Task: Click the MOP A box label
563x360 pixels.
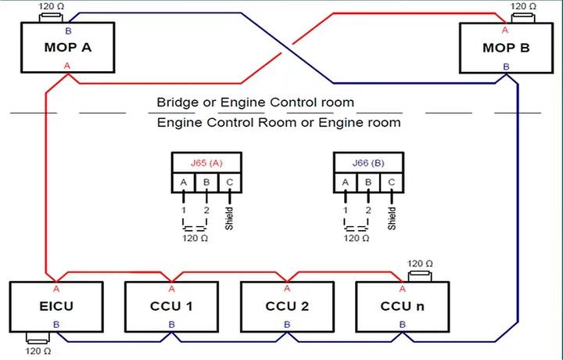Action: tap(68, 48)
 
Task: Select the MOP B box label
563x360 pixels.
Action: tap(506, 48)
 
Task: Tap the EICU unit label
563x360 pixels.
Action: tap(56, 307)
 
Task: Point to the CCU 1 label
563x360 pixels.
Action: tap(171, 307)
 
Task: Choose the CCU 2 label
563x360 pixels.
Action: tap(287, 307)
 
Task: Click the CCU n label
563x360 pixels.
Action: tap(402, 307)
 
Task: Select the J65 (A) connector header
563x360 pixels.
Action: tap(206, 163)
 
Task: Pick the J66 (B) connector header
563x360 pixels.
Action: tap(368, 163)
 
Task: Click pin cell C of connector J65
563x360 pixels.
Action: tap(230, 183)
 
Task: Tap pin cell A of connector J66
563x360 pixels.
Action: tap(346, 183)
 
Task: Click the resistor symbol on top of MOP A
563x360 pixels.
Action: tap(51, 17)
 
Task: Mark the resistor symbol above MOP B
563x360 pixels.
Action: tap(523, 18)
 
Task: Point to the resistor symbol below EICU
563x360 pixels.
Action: tap(38, 338)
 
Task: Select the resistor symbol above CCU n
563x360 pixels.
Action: tap(420, 276)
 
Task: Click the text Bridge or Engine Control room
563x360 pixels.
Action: tap(255, 103)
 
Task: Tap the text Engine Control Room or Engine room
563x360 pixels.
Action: tap(278, 123)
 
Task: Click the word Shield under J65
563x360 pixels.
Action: tap(229, 218)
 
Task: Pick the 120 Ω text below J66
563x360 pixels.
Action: tap(357, 238)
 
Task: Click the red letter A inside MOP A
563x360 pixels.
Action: tap(67, 66)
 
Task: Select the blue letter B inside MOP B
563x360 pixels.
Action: tap(506, 67)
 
